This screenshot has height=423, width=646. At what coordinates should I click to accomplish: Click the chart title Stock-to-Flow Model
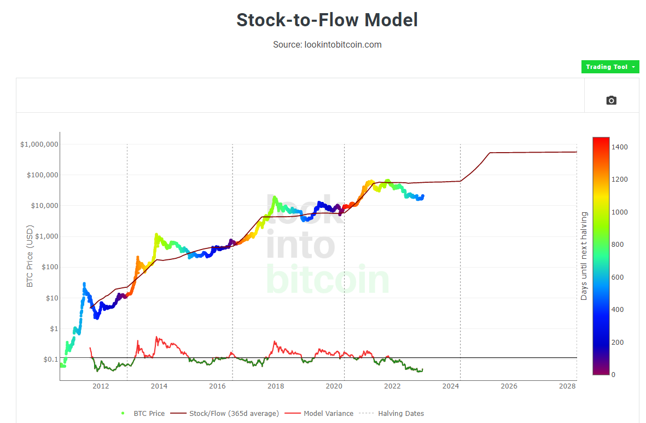point(327,20)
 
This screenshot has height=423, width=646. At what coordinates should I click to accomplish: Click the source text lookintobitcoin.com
point(327,44)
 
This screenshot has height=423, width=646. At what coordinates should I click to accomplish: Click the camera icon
point(611,100)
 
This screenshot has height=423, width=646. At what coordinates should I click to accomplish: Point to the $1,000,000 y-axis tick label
point(39,144)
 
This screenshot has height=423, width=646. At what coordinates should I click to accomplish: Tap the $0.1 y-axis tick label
point(50,359)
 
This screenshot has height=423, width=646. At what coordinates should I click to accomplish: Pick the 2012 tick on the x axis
point(101,386)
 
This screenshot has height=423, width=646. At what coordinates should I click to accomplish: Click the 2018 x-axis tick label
point(276,386)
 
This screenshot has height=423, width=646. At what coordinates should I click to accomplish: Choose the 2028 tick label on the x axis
point(567,386)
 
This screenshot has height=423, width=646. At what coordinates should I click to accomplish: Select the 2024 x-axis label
point(451,386)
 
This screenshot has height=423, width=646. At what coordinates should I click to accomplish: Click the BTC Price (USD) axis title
point(30,256)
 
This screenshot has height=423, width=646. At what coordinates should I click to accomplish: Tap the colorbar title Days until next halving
point(584,256)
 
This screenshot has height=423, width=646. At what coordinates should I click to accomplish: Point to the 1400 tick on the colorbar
point(620,147)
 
